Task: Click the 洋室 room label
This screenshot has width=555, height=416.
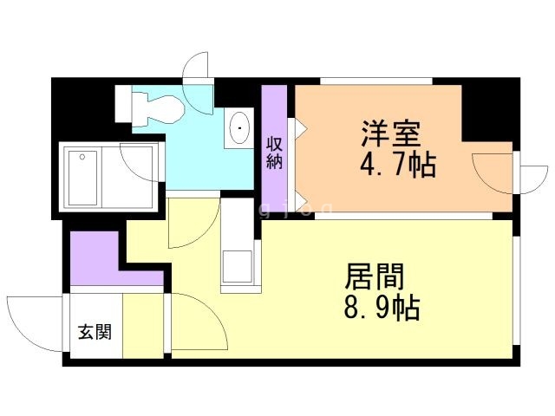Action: pyautogui.click(x=391, y=135)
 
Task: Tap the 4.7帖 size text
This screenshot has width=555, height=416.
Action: pyautogui.click(x=398, y=164)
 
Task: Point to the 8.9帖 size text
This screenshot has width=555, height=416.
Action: pyautogui.click(x=381, y=307)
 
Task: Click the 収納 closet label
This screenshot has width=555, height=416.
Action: pyautogui.click(x=275, y=152)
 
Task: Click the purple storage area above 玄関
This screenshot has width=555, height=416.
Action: pyautogui.click(x=95, y=259)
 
